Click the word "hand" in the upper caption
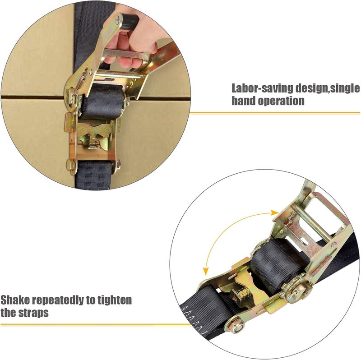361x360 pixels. click(243, 101)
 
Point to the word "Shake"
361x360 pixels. click(15, 300)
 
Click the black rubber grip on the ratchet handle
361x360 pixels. click(129, 21)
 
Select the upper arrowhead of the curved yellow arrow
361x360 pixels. click(275, 212)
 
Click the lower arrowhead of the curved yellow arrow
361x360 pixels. click(206, 271)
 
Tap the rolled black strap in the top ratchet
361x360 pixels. click(102, 102)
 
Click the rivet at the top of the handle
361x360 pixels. click(117, 20)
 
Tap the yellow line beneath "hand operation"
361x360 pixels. click(275, 113)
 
